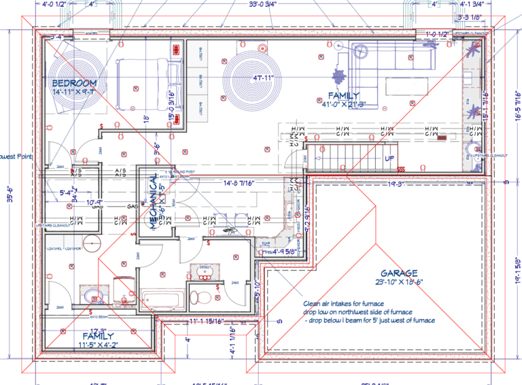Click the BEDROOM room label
(74, 83)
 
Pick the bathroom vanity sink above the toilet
(203, 268)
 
